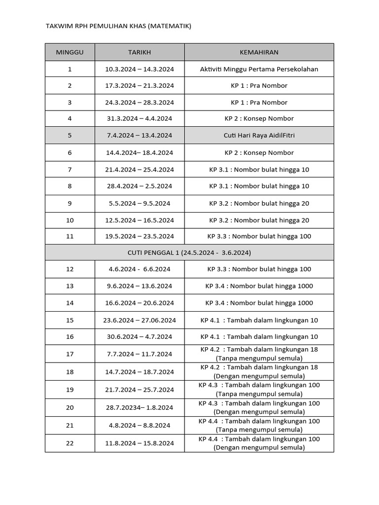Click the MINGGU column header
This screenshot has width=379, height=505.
(70, 52)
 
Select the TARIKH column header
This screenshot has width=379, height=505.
(140, 52)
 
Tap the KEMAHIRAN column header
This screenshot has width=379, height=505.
(259, 52)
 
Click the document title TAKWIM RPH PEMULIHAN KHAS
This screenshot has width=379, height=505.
(118, 26)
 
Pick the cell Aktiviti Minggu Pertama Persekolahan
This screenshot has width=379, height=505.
(259, 69)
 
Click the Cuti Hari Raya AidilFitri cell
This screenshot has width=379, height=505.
(259, 136)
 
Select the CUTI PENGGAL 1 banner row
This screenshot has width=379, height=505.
(189, 252)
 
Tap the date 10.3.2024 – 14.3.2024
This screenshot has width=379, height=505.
(140, 69)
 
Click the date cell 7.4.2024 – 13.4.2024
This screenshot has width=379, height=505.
(140, 136)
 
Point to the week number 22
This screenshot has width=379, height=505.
(70, 443)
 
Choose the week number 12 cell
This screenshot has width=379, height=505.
(70, 269)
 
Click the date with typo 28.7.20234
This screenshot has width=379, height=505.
(140, 407)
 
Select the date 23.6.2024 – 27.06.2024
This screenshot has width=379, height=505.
(140, 321)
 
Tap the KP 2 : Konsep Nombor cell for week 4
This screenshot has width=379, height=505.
(259, 119)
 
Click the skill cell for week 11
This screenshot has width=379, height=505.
(259, 236)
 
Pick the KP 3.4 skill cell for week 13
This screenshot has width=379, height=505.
(259, 286)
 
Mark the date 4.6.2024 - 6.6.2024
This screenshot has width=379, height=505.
(140, 269)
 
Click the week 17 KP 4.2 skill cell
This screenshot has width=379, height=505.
(259, 354)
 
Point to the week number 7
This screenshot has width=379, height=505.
(70, 170)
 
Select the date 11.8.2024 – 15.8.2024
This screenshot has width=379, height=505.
(140, 443)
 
